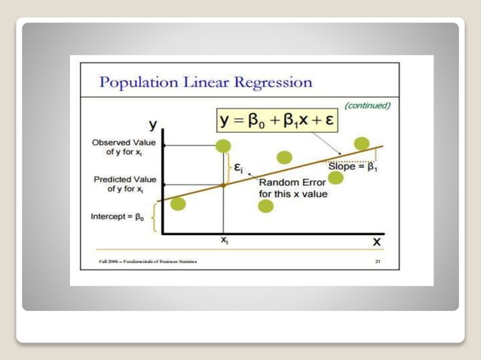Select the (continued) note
(x=367, y=105)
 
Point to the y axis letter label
(x=153, y=124)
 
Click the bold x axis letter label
(x=377, y=241)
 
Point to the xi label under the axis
(x=224, y=239)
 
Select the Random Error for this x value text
(x=292, y=188)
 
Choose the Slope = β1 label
(x=353, y=166)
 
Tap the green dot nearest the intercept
(x=178, y=203)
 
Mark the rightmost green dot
(x=362, y=143)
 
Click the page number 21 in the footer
(x=378, y=261)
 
